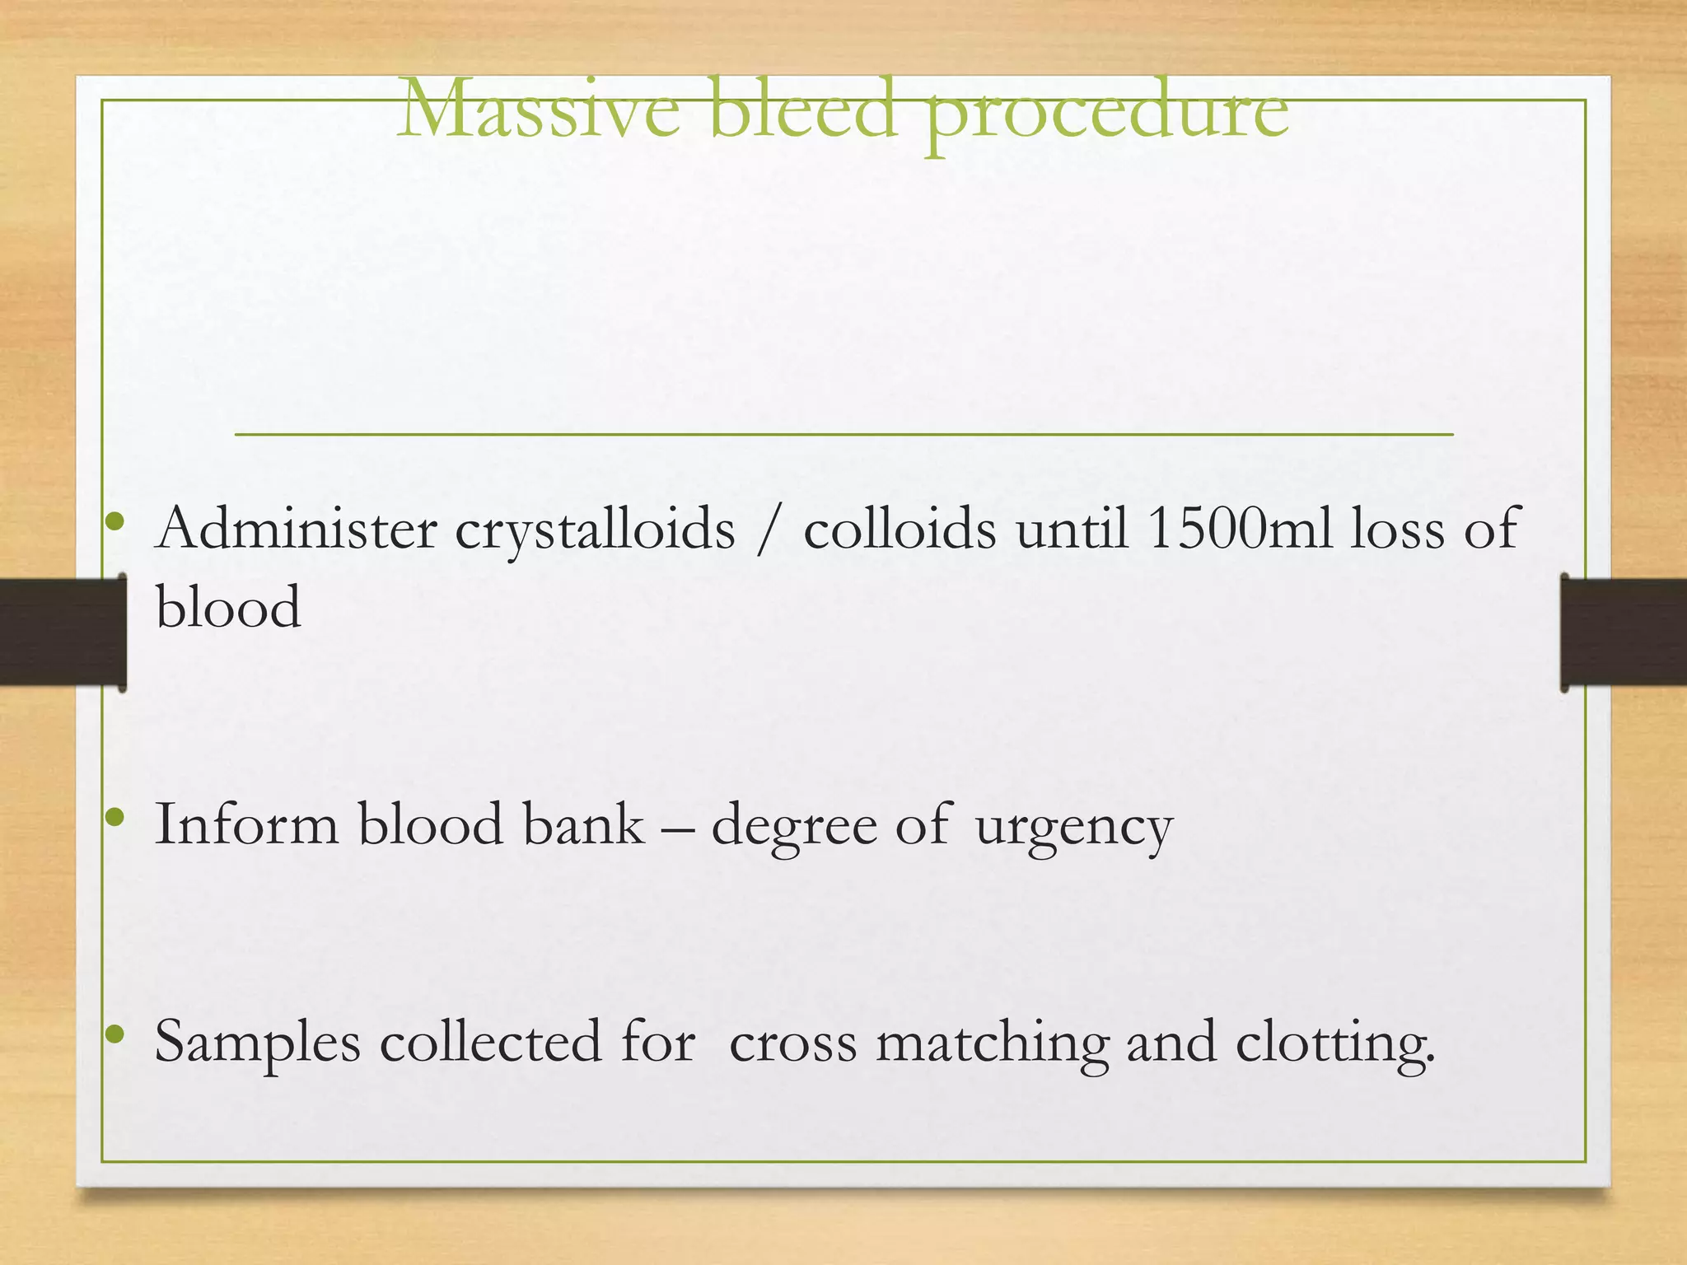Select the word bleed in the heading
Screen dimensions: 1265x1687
801,110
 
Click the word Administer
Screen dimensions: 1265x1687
297,529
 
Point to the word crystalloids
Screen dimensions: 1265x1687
595,531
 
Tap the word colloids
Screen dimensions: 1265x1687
900,529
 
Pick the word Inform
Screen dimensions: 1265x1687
246,824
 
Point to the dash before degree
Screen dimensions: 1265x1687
677,826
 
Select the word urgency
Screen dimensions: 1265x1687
1073,829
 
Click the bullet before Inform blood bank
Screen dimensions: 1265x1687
115,817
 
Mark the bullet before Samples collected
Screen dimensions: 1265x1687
115,1033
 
